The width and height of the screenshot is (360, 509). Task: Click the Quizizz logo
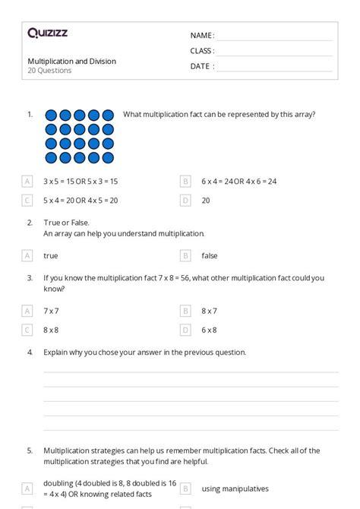coord(47,33)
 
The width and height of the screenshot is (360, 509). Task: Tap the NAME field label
coord(202,36)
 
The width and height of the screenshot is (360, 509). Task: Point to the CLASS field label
coord(202,51)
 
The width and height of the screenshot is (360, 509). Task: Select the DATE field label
coord(202,66)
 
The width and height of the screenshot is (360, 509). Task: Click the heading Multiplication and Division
coord(72,61)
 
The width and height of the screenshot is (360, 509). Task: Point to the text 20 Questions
coord(49,71)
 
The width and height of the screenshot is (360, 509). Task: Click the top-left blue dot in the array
coord(51,115)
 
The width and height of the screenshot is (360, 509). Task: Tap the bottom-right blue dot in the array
coord(108,158)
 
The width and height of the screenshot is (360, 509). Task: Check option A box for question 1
coord(27,182)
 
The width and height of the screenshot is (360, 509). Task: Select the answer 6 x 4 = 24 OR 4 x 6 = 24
coord(238,182)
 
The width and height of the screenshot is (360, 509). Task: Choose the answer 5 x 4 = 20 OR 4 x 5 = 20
coord(81,201)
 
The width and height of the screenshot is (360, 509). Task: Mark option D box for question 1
coord(185,201)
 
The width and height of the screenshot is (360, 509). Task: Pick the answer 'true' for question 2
coord(51,256)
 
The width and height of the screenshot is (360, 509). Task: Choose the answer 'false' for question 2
coord(210,256)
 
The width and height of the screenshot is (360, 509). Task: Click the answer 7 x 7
coord(51,311)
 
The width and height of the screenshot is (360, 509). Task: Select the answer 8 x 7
coord(209,311)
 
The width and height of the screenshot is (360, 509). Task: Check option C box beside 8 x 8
coord(27,330)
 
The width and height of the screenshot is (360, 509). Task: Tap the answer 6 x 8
coord(209,330)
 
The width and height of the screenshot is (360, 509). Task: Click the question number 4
coord(30,353)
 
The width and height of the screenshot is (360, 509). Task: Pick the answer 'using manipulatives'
coord(235,488)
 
